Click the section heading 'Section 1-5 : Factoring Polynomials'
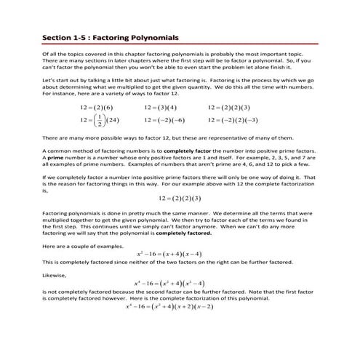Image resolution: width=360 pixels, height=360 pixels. (110, 36)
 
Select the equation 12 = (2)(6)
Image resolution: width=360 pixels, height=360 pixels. (97, 108)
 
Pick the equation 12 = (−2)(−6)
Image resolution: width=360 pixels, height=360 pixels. (164, 120)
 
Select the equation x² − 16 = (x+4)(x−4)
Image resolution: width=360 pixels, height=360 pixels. (179, 253)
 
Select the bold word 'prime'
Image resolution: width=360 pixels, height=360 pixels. (56, 157)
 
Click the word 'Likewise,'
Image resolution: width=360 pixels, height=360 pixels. (56, 274)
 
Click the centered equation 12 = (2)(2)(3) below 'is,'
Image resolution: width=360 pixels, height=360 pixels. (179, 199)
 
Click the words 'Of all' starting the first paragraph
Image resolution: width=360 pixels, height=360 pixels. (50, 54)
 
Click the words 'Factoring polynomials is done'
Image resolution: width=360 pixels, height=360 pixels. (84, 214)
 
